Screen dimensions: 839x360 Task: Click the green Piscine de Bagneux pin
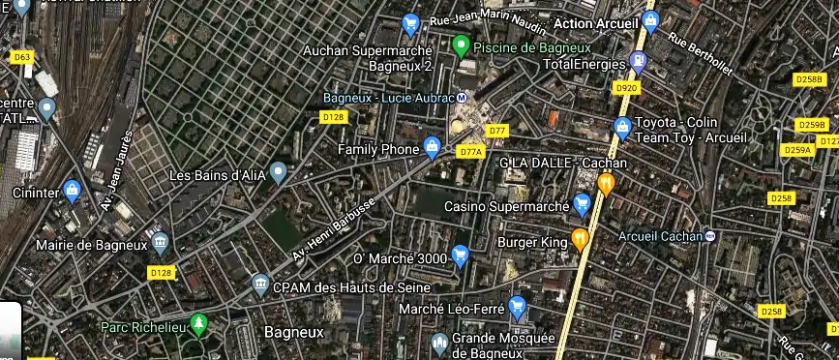click(x=462, y=45)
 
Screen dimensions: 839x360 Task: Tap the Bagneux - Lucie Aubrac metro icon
click(x=462, y=98)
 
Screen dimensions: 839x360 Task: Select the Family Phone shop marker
click(x=432, y=148)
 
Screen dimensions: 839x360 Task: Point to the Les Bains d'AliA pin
click(x=279, y=173)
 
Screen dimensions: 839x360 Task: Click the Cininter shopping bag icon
click(x=71, y=190)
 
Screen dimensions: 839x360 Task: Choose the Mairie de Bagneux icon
click(x=161, y=240)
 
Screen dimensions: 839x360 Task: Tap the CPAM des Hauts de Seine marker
click(x=259, y=285)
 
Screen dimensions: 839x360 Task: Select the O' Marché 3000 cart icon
click(x=460, y=256)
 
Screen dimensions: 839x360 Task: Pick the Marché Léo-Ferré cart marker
click(x=518, y=308)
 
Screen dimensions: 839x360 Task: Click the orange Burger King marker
click(x=580, y=238)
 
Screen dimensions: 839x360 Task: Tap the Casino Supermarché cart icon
click(x=582, y=204)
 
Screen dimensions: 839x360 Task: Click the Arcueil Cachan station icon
click(x=710, y=235)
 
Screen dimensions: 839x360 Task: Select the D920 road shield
click(x=627, y=88)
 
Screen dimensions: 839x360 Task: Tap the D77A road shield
click(x=471, y=152)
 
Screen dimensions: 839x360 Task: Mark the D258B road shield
click(x=807, y=79)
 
